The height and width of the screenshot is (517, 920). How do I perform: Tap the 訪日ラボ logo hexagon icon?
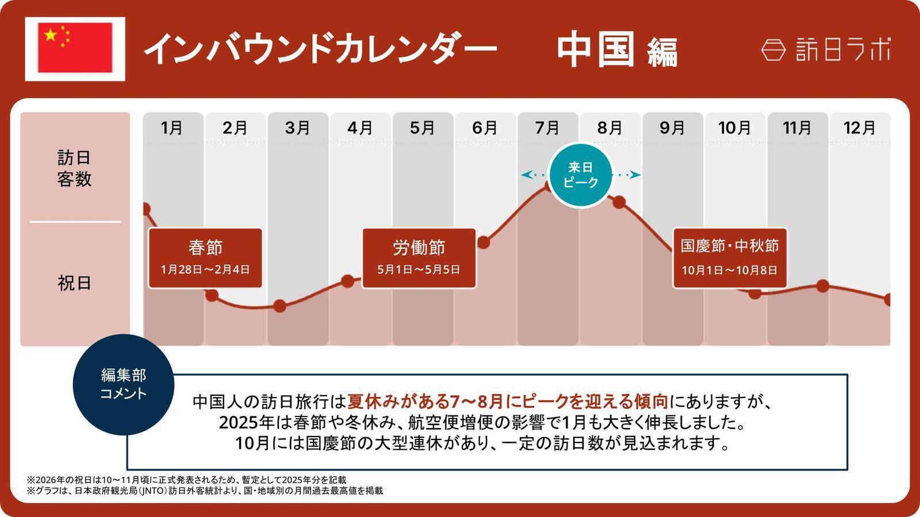click(773, 50)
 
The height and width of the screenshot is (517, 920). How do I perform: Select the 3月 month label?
click(297, 128)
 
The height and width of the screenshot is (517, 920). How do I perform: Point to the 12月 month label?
click(859, 128)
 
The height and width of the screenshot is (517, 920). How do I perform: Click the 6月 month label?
click(485, 128)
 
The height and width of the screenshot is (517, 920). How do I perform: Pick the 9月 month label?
click(672, 128)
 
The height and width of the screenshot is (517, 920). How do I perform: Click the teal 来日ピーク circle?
click(581, 175)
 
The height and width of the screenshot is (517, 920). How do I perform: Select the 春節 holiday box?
click(205, 258)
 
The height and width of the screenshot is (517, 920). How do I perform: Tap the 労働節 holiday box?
click(419, 258)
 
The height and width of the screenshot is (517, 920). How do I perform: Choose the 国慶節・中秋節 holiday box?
click(730, 258)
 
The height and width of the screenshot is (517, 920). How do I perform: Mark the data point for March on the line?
click(279, 306)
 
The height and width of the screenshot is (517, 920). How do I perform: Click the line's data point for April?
click(348, 281)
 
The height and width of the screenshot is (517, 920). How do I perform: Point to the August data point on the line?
click(619, 202)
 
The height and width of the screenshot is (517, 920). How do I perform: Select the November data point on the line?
click(823, 285)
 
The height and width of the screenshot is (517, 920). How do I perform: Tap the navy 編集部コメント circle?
click(124, 384)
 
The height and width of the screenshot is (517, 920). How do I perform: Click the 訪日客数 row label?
click(74, 168)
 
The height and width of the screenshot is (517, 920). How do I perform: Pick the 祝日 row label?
click(74, 283)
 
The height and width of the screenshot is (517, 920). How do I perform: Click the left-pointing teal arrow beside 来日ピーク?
click(527, 175)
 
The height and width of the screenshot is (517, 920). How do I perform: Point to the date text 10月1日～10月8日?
click(730, 270)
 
